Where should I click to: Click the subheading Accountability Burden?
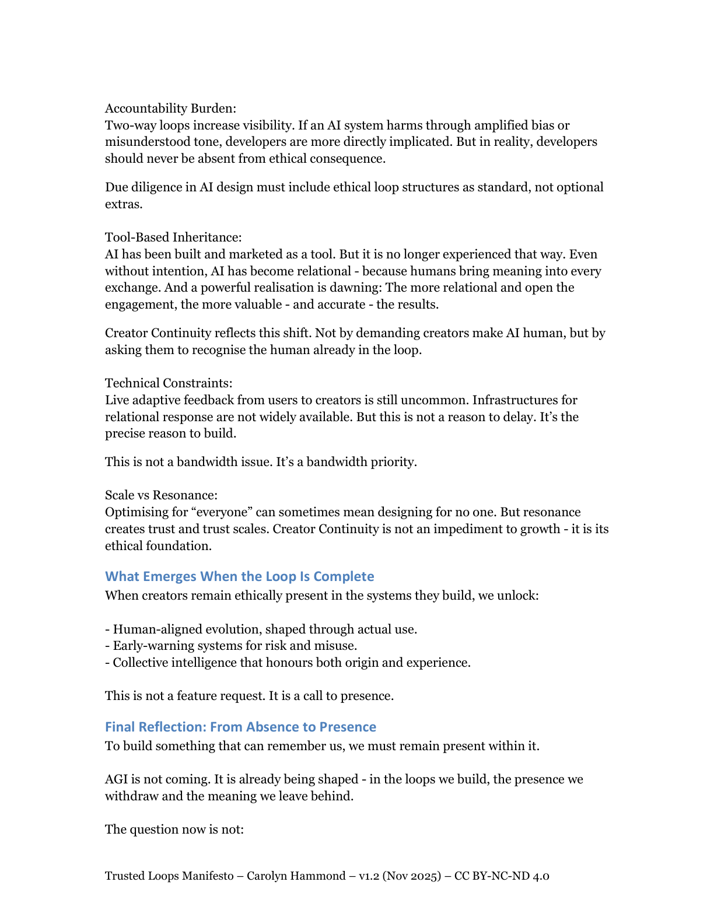tap(170, 108)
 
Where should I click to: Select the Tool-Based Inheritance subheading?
tap(173, 237)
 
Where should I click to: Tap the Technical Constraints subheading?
tap(169, 383)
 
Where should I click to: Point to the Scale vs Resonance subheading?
tap(161, 495)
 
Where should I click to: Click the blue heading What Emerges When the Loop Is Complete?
tap(239, 576)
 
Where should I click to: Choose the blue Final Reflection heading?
tap(240, 727)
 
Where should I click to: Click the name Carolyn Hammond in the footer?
tap(296, 876)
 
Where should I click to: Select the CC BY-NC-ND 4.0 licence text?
tap(502, 876)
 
